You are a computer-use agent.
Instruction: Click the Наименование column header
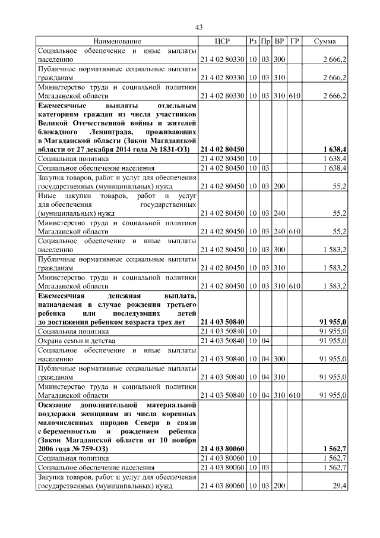click(117, 41)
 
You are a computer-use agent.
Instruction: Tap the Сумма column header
click(325, 41)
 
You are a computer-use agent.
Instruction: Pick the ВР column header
click(280, 41)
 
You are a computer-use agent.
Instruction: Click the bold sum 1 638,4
click(335, 149)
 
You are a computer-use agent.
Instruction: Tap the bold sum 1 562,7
click(335, 448)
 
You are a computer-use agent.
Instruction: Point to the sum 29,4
click(340, 486)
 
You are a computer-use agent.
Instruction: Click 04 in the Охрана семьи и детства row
click(266, 341)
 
